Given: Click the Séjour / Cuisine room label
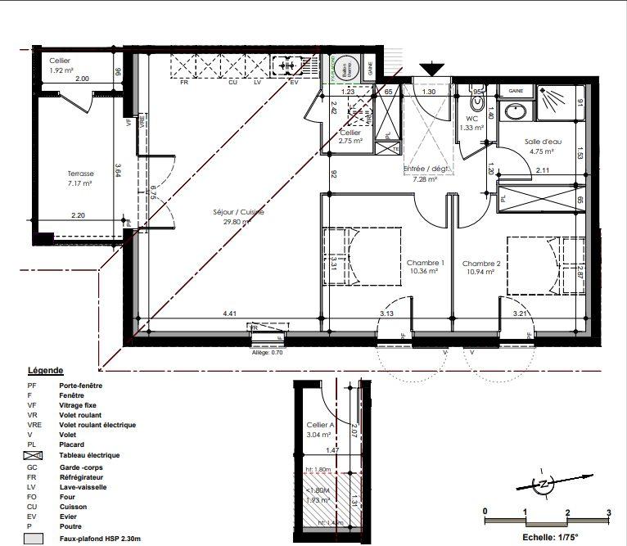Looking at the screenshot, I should [x=241, y=213].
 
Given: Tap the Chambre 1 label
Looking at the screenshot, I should [x=424, y=262].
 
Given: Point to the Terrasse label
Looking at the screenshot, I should [x=80, y=174].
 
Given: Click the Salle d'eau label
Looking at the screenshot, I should [x=541, y=141].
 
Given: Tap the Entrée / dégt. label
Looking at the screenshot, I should [x=427, y=169].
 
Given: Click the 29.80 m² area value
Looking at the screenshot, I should [x=240, y=223].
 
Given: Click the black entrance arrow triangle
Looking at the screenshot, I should [x=430, y=69].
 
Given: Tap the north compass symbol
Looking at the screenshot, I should [x=541, y=485].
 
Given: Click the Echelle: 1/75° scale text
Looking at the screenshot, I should [x=550, y=538].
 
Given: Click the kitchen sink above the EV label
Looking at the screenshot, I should [x=287, y=64].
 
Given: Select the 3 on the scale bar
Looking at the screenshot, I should [x=608, y=512].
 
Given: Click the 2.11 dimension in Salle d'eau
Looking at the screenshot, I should [x=542, y=170].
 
